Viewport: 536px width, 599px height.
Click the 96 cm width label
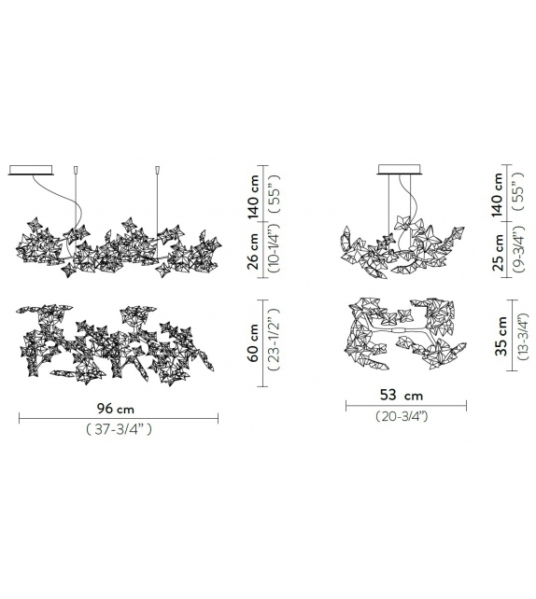click(116, 409)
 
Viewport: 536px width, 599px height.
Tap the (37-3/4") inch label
click(119, 429)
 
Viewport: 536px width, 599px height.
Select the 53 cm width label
click(402, 395)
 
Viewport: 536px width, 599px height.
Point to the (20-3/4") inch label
click(402, 416)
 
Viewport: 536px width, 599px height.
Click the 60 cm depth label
click(253, 342)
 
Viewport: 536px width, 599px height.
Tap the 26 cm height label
click(253, 251)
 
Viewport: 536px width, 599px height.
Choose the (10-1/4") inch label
click(275, 249)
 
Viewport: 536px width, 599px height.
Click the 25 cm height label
click(498, 252)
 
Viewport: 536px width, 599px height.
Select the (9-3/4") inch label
click(519, 249)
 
